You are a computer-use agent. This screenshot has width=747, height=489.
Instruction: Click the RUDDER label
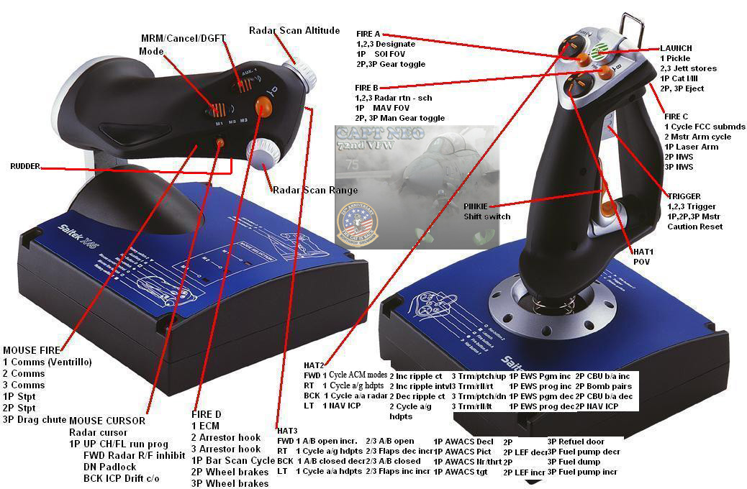pyautogui.click(x=24, y=166)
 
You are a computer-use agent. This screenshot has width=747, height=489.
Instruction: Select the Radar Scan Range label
pyautogui.click(x=314, y=190)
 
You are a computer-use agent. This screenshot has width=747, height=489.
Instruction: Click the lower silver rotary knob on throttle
pyautogui.click(x=262, y=154)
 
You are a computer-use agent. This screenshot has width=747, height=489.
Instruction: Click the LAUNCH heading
pyautogui.click(x=676, y=47)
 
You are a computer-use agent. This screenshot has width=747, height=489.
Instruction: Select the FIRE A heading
pyautogui.click(x=368, y=34)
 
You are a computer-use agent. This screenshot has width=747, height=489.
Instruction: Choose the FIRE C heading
pyautogui.click(x=676, y=116)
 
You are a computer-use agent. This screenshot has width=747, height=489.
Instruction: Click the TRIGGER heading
pyautogui.click(x=684, y=196)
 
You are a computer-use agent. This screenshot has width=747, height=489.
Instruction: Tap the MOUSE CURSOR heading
pyautogui.click(x=107, y=421)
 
